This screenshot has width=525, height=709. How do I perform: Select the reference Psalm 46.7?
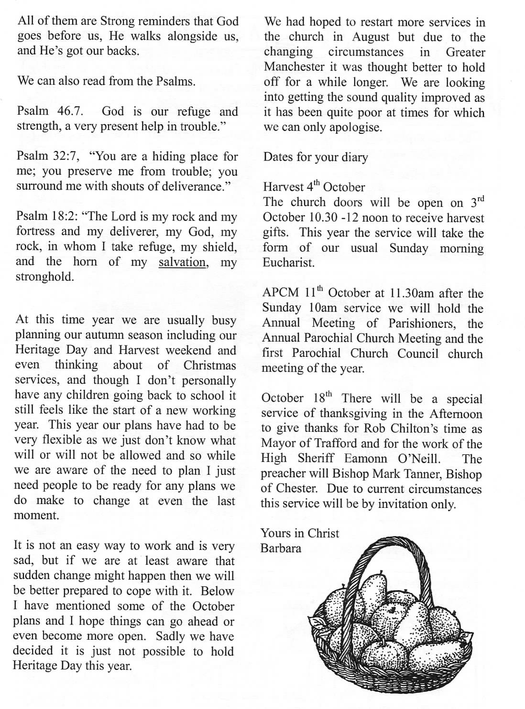(50, 111)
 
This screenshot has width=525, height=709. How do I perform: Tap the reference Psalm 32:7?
(49, 156)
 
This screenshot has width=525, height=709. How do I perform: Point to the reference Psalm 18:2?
(47, 216)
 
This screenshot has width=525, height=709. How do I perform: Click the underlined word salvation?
(183, 262)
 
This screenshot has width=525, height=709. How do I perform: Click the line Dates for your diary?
(316, 157)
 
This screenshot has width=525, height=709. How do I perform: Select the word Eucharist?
(288, 263)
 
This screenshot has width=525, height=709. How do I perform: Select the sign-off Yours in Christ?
(299, 533)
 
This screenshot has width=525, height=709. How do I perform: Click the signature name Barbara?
(281, 548)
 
